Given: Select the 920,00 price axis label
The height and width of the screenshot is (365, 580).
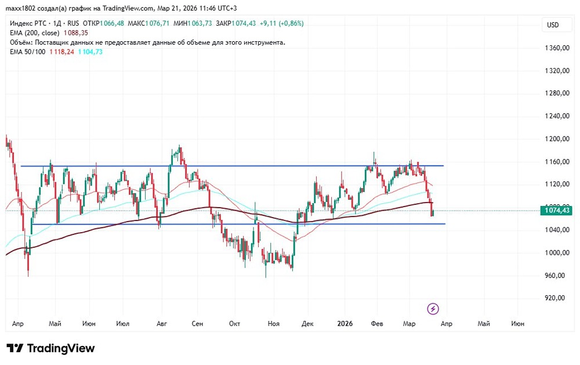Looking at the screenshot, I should pos(554,298).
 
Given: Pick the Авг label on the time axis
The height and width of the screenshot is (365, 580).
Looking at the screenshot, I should pos(161,323).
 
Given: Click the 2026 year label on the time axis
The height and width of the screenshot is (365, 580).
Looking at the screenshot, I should pos(346,323).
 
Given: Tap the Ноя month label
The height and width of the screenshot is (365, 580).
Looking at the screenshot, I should pos(273,323).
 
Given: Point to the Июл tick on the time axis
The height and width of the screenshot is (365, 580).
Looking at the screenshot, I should pos(123,323).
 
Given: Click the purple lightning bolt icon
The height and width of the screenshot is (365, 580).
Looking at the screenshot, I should pos(433,308).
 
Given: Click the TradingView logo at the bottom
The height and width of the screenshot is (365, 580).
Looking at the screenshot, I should pos(51,348).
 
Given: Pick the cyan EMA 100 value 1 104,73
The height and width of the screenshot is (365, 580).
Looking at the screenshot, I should pos(90,52).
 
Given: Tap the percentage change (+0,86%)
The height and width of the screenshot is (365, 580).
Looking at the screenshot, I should pos(291,23).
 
